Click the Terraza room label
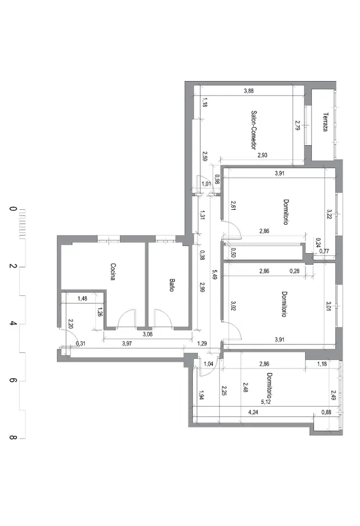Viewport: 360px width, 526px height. coord(325,122)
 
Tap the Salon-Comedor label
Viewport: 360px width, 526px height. coord(254,130)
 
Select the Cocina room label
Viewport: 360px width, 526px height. coord(113,272)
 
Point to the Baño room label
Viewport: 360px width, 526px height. coord(172,285)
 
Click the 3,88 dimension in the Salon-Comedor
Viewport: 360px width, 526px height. coord(249,91)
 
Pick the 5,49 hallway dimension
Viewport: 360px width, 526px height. coord(215,274)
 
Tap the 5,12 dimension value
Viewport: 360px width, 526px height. coord(265,402)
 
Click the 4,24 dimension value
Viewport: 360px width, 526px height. coord(253,412)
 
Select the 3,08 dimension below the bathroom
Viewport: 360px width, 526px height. coord(147,334)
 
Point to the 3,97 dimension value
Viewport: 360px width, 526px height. coord(127,343)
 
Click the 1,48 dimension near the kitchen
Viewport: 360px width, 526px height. coord(82,298)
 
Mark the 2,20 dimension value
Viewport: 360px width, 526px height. coord(70,323)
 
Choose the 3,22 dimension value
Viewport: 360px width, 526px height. coord(329,214)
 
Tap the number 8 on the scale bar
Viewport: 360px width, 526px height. coord(13,438)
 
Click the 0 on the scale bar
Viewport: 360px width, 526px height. coord(13,209)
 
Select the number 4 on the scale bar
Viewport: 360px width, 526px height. coord(13,323)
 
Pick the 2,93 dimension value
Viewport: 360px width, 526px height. coord(262,155)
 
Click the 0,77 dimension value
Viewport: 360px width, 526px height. coord(324,251)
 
